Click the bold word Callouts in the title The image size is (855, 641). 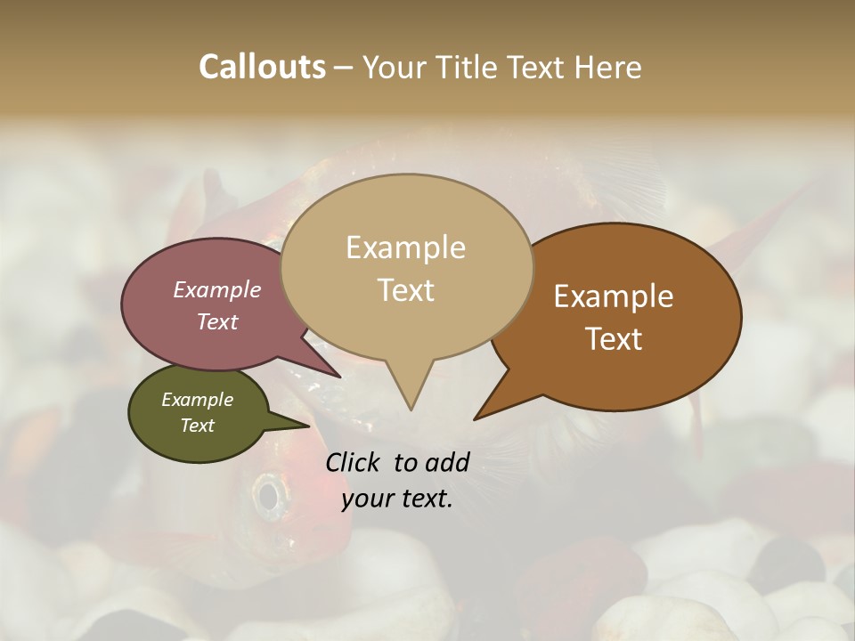coord(262,67)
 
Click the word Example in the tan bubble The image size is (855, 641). coord(405,247)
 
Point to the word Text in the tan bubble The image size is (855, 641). coord(405,290)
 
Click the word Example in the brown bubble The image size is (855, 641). coord(614,296)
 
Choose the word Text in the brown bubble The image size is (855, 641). coord(614,339)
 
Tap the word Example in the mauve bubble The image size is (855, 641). coord(217,289)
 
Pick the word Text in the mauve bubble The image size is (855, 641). coord(217,321)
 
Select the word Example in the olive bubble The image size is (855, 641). coord(198,400)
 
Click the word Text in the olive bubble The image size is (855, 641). coord(198,426)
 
